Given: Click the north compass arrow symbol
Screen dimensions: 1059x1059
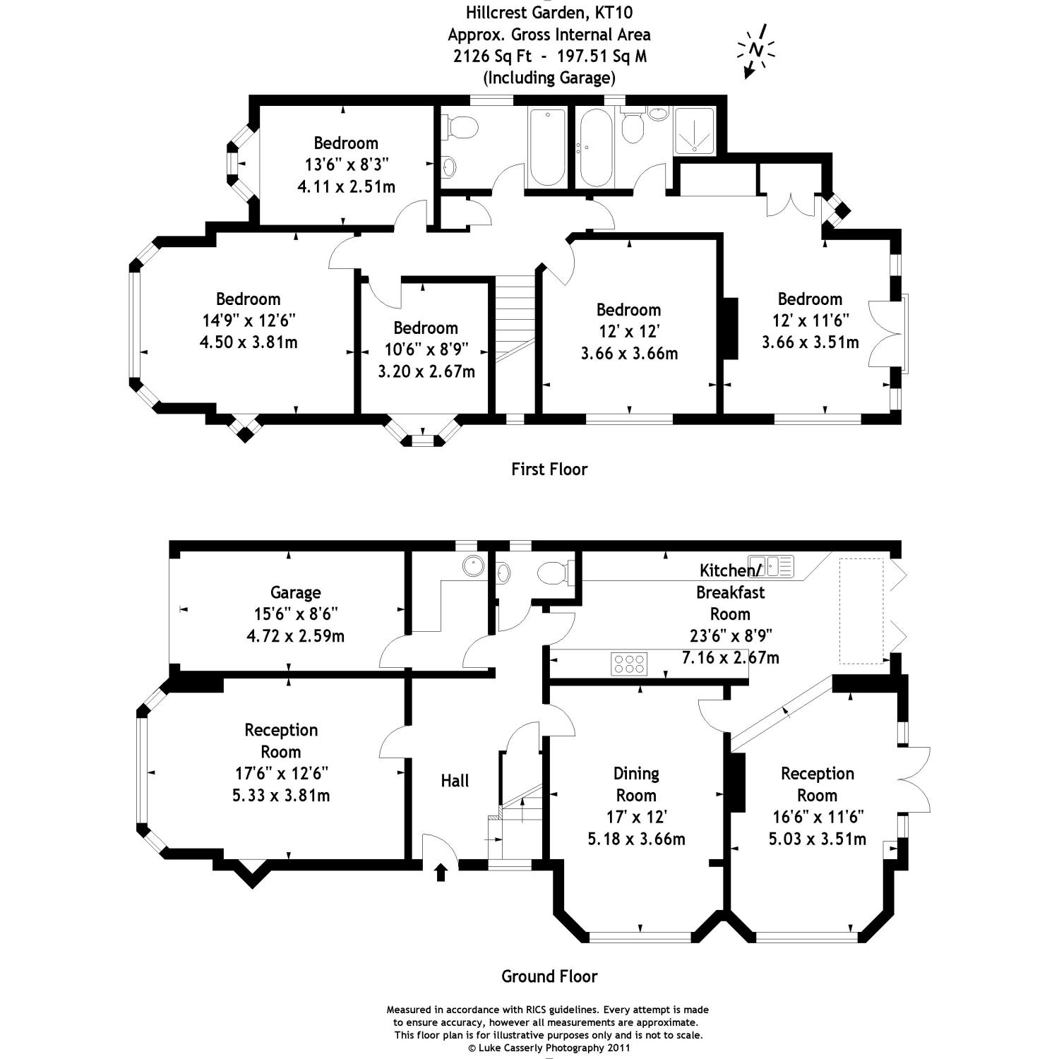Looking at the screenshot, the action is tap(755, 51).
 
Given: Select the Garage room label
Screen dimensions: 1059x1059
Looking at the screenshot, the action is tap(295, 592).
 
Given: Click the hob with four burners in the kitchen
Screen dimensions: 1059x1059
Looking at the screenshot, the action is tap(628, 664).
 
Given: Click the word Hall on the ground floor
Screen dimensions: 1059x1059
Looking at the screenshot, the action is tap(455, 781).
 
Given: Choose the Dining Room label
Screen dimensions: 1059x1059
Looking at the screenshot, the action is tap(636, 784).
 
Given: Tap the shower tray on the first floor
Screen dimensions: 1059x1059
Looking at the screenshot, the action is tap(695, 131).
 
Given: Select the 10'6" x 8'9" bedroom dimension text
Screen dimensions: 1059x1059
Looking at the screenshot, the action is tap(426, 349).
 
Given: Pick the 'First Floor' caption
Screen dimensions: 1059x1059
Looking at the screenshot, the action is tap(549, 469).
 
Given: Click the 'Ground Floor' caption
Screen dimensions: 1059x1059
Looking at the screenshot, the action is tap(549, 976).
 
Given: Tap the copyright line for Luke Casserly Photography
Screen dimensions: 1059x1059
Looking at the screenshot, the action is tap(547, 1048).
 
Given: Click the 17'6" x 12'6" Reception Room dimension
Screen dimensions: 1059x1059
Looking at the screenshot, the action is tap(281, 773).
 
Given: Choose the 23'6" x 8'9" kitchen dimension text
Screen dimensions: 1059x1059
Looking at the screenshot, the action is tap(731, 635).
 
